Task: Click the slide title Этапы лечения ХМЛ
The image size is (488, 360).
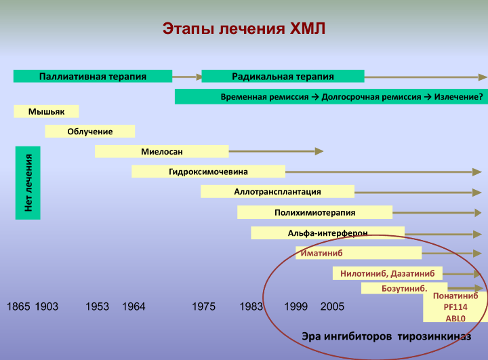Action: click(244, 28)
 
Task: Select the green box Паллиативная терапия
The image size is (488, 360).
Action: click(93, 77)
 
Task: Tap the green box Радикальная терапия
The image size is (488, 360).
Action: click(283, 77)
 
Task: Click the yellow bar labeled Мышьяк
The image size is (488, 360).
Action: click(46, 111)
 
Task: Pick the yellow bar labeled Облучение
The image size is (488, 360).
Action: click(90, 132)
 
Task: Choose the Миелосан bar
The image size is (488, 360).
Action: click(162, 152)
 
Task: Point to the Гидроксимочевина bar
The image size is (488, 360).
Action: click(209, 172)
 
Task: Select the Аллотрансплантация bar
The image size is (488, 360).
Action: click(278, 191)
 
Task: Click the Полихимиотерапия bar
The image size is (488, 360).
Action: click(314, 212)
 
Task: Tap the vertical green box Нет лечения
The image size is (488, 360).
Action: click(28, 183)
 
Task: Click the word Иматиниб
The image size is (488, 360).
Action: click(321, 253)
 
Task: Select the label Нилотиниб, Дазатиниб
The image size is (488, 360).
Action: click(388, 273)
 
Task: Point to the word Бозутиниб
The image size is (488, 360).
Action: click(404, 289)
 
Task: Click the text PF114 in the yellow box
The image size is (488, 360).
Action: click(455, 307)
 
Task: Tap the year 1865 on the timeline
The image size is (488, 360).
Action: click(18, 306)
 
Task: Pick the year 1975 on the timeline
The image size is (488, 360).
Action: click(203, 306)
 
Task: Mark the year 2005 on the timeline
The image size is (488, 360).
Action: click(332, 306)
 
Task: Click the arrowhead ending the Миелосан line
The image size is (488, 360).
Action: click(319, 151)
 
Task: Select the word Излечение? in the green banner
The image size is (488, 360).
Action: click(459, 97)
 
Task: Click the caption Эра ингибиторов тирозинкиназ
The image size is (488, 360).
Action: click(386, 337)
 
